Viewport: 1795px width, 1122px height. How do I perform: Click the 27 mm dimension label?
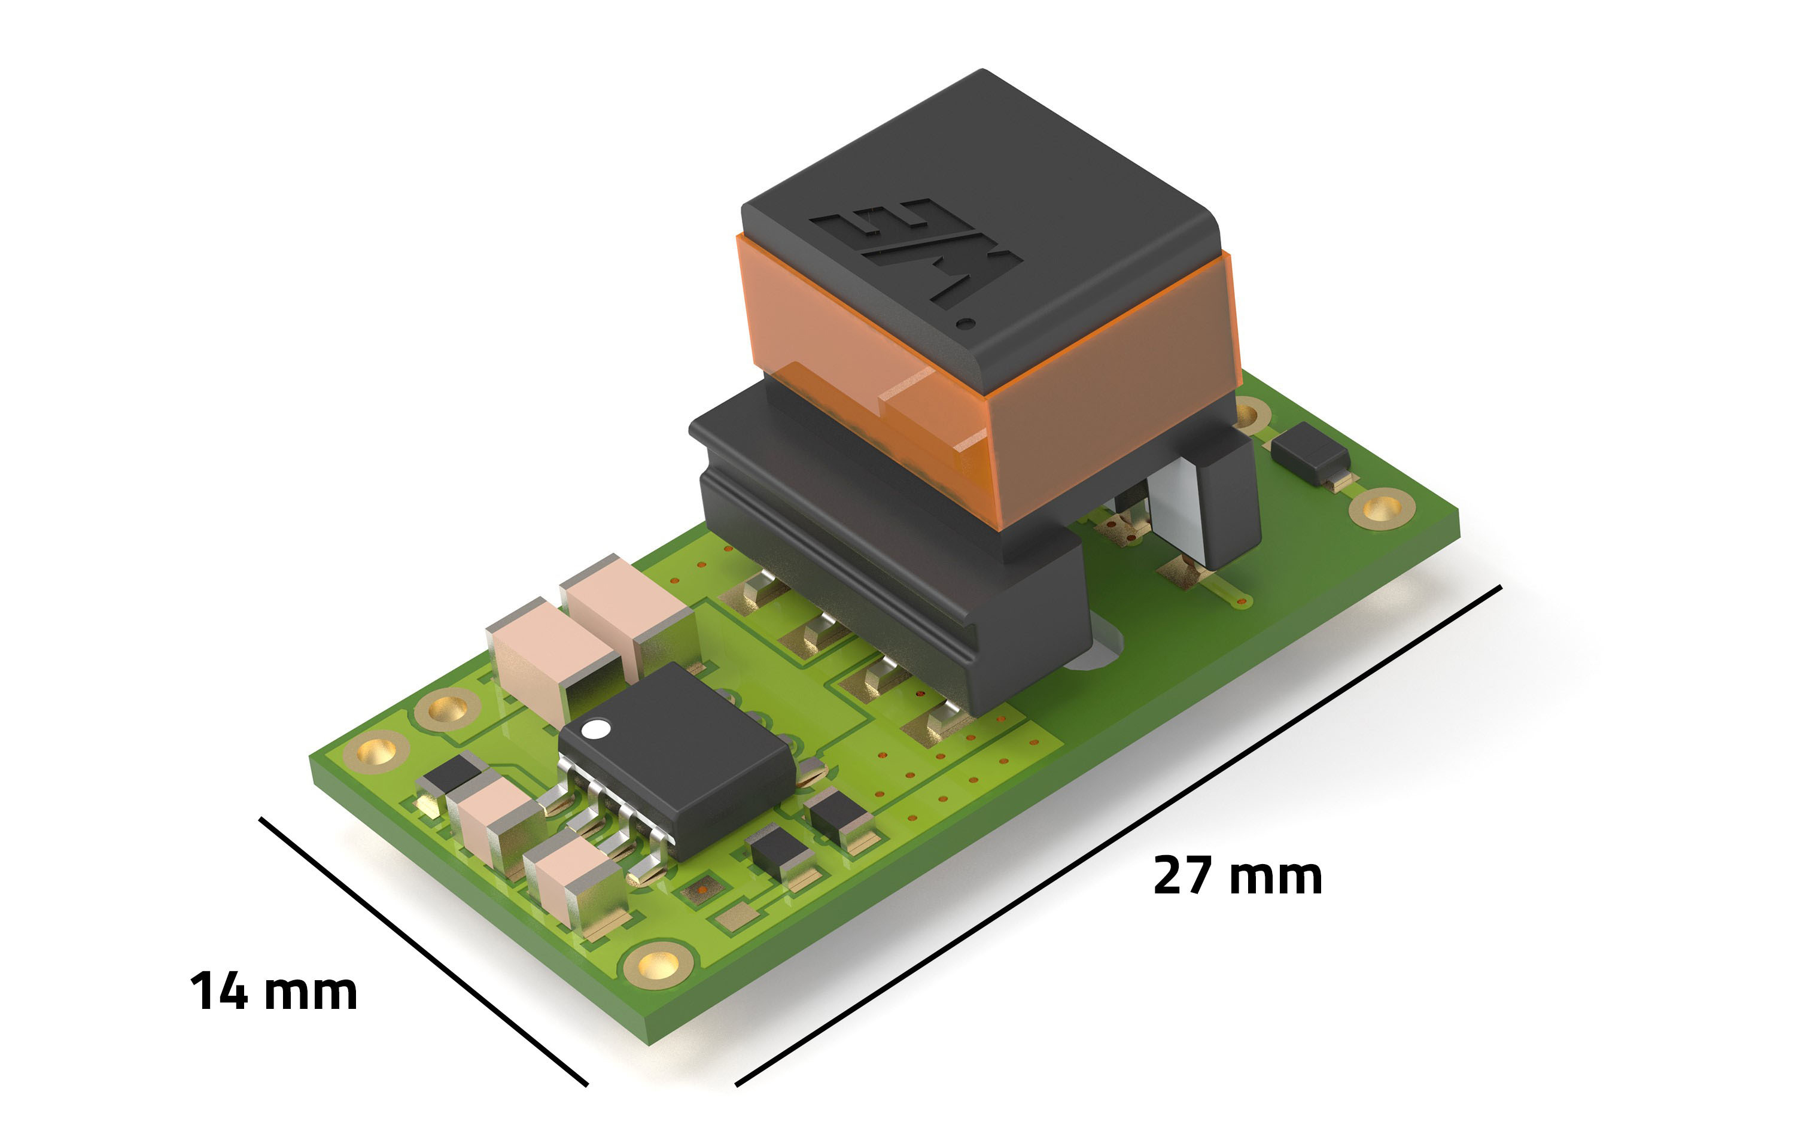click(1237, 877)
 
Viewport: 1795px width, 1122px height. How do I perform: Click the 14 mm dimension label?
click(273, 992)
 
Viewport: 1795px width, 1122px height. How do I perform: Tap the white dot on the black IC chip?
click(595, 729)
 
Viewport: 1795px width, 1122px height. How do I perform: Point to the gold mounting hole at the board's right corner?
click(1382, 508)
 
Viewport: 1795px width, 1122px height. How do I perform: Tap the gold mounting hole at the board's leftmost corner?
click(376, 752)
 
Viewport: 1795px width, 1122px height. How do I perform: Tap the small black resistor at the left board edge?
click(449, 776)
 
